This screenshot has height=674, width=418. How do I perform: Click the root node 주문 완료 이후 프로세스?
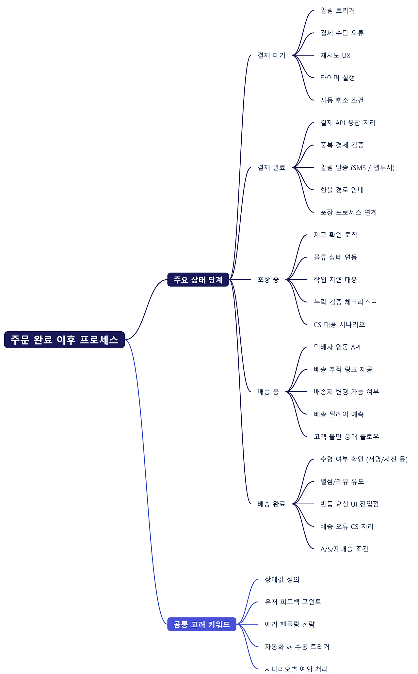click(64, 340)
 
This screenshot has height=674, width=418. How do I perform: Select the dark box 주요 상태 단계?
click(198, 280)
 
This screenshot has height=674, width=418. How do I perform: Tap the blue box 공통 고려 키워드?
click(201, 624)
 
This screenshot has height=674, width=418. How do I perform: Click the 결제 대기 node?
click(271, 55)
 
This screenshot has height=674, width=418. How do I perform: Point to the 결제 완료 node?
click(271, 167)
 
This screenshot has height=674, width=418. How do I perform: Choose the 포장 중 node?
click(268, 280)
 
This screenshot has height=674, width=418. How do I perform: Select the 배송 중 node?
click(268, 392)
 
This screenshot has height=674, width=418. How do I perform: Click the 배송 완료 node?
click(271, 504)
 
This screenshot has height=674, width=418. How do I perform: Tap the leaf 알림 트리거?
click(337, 10)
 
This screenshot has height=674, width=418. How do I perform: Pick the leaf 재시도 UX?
click(335, 55)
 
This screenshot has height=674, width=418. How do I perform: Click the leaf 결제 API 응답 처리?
click(348, 123)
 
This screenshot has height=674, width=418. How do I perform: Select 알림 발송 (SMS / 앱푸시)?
click(357, 168)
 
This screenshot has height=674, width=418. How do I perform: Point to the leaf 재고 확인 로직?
click(335, 235)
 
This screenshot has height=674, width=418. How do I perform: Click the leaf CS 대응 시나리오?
click(339, 325)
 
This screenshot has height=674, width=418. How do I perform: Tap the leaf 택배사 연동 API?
click(337, 347)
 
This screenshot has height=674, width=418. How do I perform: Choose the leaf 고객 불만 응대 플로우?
click(346, 437)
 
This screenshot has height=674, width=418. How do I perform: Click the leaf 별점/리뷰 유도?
click(342, 481)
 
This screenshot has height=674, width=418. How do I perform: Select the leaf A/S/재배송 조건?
click(344, 549)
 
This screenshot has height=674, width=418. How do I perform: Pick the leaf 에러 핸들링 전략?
click(290, 624)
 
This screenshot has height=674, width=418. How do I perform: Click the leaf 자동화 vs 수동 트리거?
click(297, 647)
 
